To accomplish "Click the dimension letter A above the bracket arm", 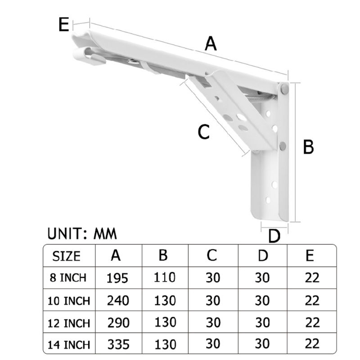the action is tap(211, 44).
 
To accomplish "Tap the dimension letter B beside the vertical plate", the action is tap(308, 147).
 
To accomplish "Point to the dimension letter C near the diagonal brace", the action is tap(204, 132).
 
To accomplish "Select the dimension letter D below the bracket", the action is tap(274, 236).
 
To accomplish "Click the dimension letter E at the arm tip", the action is tap(63, 24).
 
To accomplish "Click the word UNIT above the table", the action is tap(65, 234).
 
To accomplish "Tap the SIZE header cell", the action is tap(66, 256).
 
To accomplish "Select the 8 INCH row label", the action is tap(68, 278).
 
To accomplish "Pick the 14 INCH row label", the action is tap(69, 345).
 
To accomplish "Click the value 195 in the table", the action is tap(117, 278).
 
